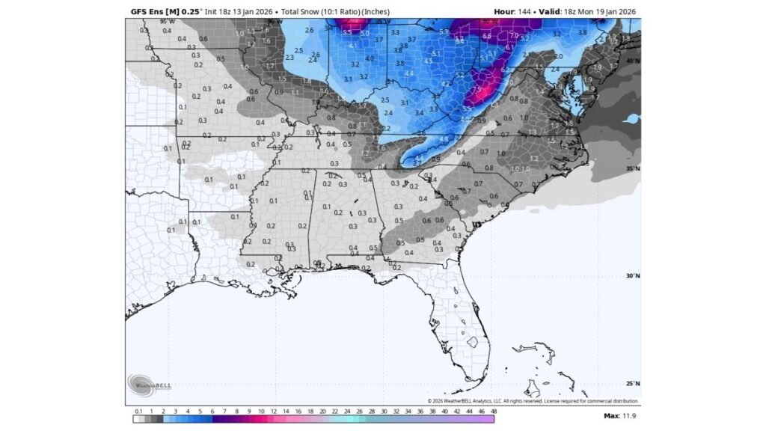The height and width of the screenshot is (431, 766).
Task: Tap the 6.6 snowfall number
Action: click(487, 36)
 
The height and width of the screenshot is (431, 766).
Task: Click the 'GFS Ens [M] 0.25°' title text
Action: click(159, 11)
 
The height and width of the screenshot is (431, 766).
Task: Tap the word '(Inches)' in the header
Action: click(379, 11)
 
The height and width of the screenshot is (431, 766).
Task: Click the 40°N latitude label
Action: click(633, 61)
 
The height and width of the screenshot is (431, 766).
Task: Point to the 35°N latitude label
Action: click(633, 169)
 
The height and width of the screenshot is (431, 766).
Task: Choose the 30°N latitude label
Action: click(633, 276)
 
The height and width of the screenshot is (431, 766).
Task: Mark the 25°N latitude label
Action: click(633, 383)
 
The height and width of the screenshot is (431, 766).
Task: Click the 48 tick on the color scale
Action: click(494, 411)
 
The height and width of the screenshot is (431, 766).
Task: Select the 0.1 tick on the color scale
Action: click(138, 411)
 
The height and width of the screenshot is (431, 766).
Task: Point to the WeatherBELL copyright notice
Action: click(533, 401)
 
